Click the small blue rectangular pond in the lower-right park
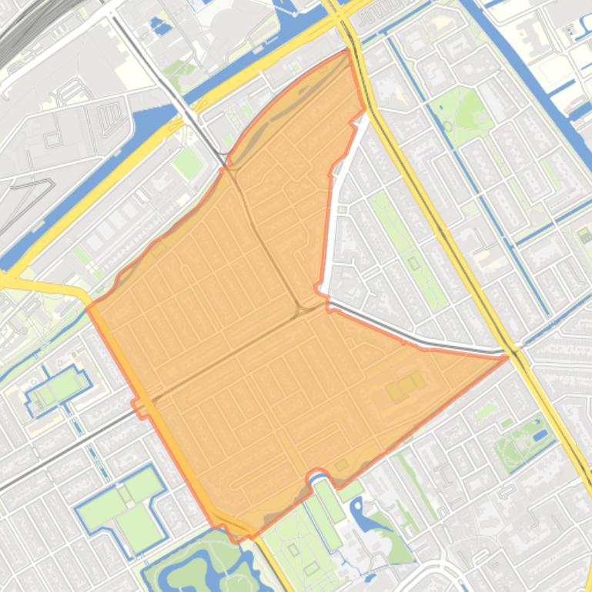pyautogui.click(x=540, y=435)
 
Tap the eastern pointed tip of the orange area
pyautogui.click(x=507, y=357)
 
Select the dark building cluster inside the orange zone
pyautogui.click(x=405, y=386)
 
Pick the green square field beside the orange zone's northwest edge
pyautogui.click(x=186, y=162)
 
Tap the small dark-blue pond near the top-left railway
pyautogui.click(x=161, y=25)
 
